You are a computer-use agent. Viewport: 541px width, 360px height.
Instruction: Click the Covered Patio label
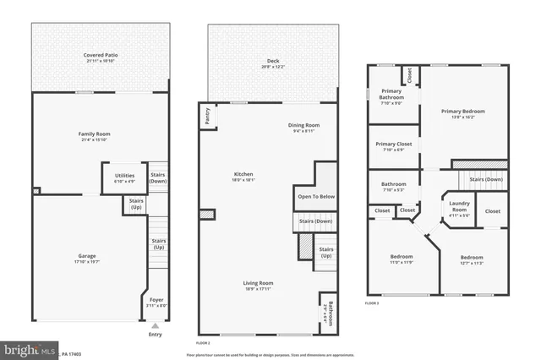click(96, 56)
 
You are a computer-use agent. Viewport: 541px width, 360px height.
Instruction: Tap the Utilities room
click(124, 178)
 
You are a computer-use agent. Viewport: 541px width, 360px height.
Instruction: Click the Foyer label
click(156, 302)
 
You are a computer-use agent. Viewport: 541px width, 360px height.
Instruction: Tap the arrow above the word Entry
click(155, 325)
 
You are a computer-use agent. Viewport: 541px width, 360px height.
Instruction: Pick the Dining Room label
click(305, 128)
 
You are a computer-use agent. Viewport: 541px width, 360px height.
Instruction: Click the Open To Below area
click(316, 196)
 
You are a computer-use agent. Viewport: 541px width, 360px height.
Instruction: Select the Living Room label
click(259, 285)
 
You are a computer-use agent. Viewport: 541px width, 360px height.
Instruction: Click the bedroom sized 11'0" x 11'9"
click(402, 259)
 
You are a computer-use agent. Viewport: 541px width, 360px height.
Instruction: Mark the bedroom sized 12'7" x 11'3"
click(472, 259)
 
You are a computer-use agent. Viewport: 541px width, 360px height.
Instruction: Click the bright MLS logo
click(30, 349)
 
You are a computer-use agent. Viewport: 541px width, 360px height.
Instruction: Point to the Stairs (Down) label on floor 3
click(485, 179)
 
